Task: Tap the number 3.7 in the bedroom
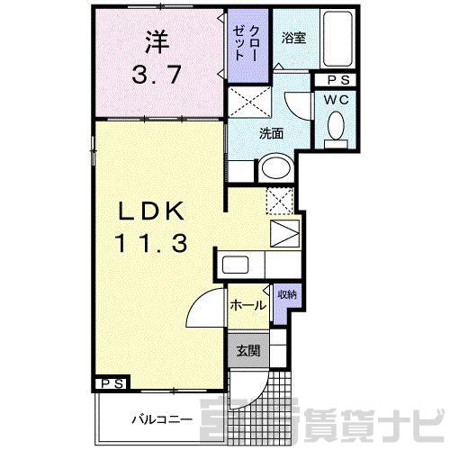pos(157,75)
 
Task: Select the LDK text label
pos(151,211)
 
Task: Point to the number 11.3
pos(151,243)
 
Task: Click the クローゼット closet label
pos(247,43)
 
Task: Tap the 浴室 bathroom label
pos(293,38)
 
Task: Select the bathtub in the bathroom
pos(337,39)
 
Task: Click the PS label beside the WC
pos(338,80)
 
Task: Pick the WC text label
pos(337,100)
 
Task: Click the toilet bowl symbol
pos(336,129)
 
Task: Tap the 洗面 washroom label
pos(272,133)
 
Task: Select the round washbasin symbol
pos(276,168)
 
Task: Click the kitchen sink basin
pos(235,265)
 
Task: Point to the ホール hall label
pos(248,305)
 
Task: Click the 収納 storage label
pos(287,294)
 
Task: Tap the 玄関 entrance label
pos(248,351)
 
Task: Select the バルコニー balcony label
pos(162,419)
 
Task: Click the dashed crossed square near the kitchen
pos(280,201)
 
